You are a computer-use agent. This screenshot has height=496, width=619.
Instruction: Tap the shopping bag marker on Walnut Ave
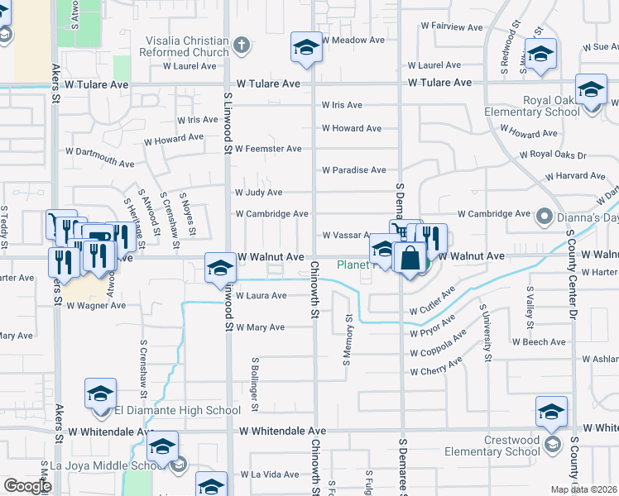click(410, 257)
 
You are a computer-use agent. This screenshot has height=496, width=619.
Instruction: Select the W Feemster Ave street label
click(268, 149)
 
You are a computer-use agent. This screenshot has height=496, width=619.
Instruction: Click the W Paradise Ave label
click(353, 170)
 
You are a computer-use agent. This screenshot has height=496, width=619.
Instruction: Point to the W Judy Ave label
click(259, 193)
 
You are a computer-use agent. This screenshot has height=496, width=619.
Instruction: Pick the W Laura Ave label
click(261, 295)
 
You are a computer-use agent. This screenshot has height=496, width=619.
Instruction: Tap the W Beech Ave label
click(539, 341)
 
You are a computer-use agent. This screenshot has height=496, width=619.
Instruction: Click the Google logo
click(26, 486)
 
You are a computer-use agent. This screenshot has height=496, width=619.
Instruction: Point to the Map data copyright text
click(583, 489)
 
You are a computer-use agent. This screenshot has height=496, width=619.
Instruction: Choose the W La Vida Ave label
click(269, 475)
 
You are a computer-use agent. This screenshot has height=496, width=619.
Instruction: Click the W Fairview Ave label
click(447, 27)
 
